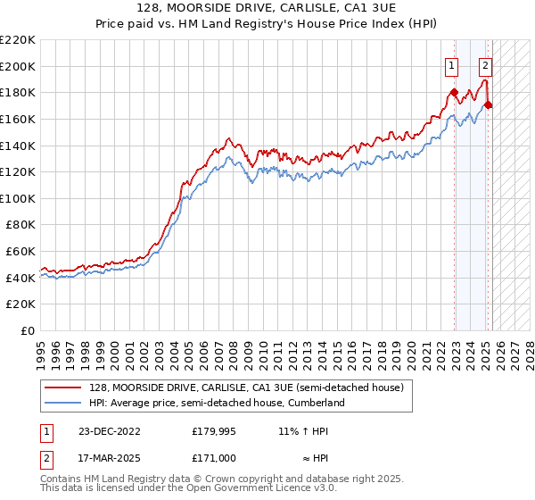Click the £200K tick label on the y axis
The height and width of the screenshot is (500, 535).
pos(20,66)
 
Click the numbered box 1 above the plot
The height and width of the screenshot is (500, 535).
pos(452,64)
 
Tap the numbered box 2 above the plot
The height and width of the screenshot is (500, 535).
pos(485,64)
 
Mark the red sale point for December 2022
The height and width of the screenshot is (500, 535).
pos(454,92)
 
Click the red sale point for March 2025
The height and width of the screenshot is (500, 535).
pos(489,104)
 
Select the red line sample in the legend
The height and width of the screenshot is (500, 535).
pos(64,387)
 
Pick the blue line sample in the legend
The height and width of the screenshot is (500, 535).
pos(64,403)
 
